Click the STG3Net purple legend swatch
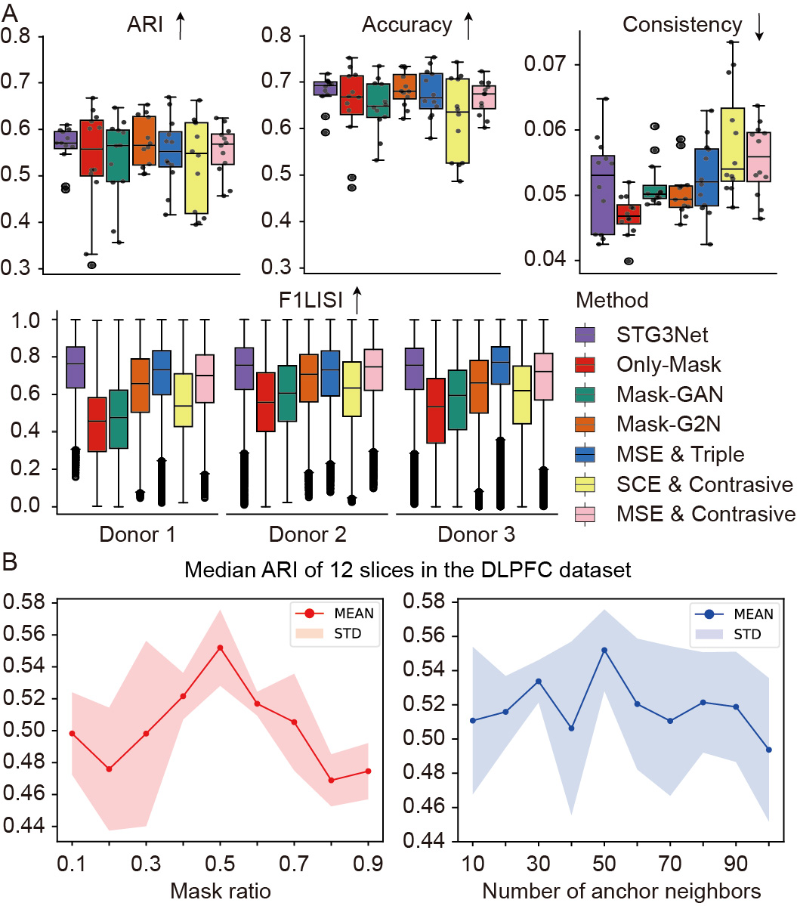(585, 334)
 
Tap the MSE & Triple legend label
(679, 454)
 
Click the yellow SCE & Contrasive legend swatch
(585, 484)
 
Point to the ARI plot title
(145, 25)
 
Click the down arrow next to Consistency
(759, 26)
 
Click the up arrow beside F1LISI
(357, 301)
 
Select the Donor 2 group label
(307, 535)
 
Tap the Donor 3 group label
(476, 535)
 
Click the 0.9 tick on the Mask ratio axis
(369, 861)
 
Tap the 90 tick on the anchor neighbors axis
(733, 861)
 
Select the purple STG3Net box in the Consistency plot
(602, 195)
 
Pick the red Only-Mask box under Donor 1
(97, 424)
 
